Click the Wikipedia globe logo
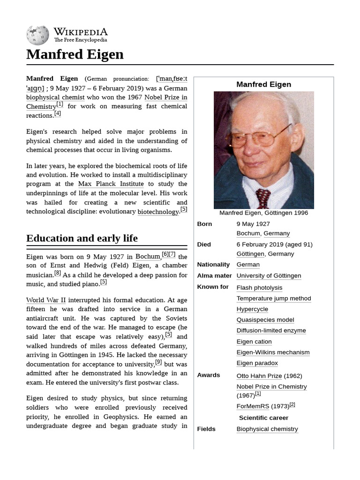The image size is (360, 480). [37, 35]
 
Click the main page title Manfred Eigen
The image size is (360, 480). [75, 54]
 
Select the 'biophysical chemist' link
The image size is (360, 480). [55, 97]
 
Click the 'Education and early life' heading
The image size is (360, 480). [82, 238]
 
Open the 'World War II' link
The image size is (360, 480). [46, 300]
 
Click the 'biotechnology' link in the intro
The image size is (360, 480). [158, 211]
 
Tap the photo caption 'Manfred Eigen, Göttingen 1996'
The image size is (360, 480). [263, 213]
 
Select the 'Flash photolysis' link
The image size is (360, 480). [259, 288]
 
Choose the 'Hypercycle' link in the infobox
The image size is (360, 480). [252, 309]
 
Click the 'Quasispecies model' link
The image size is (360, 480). [265, 320]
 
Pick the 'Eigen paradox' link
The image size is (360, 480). [257, 363]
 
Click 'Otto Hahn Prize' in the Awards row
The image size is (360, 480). [259, 376]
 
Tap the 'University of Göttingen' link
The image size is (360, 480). [269, 276]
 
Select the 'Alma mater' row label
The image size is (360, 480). [214, 276]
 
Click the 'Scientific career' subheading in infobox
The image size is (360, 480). [263, 418]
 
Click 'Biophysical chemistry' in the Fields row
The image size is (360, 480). [267, 429]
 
